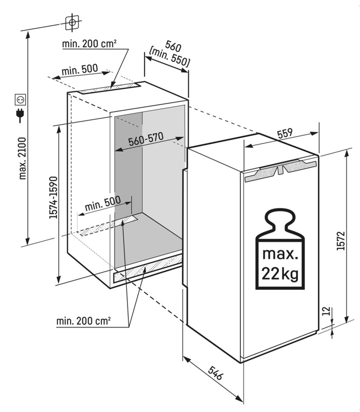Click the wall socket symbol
[x=20, y=99]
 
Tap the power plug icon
[x=20, y=115]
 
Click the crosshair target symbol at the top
[x=72, y=23]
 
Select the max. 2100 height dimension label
[x=23, y=158]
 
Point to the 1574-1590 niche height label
[x=53, y=198]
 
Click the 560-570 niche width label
[x=146, y=139]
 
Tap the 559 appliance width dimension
[x=285, y=133]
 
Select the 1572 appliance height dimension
[x=341, y=241]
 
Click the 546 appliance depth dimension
[x=215, y=373]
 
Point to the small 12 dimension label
[x=326, y=311]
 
